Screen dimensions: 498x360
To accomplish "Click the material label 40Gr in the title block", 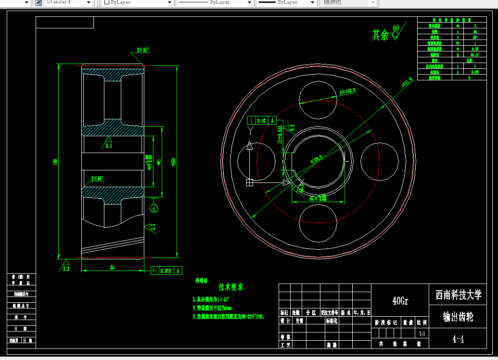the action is tap(400, 301).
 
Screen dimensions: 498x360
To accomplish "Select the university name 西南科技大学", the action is tap(459, 295).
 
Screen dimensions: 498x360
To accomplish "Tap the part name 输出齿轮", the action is tap(458, 317).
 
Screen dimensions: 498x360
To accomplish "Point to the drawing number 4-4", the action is tap(458, 339).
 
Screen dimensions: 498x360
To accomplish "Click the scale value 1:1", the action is tap(422, 333).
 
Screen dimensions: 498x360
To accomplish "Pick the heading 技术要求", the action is tap(231, 287).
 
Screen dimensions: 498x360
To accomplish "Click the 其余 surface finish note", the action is tap(380, 35).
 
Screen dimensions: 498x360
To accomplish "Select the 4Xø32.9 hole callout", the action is tap(347, 91).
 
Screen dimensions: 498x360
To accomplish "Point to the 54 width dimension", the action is tap(112, 267).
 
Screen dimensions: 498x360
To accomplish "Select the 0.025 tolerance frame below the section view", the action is tap(166, 271).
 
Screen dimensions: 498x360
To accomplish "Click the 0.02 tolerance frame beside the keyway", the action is tap(262, 121).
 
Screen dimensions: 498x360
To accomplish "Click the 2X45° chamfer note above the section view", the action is tap(143, 50).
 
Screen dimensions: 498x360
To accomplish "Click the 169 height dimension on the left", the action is tap(55, 161).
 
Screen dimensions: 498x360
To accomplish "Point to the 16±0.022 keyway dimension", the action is tap(280, 135).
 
